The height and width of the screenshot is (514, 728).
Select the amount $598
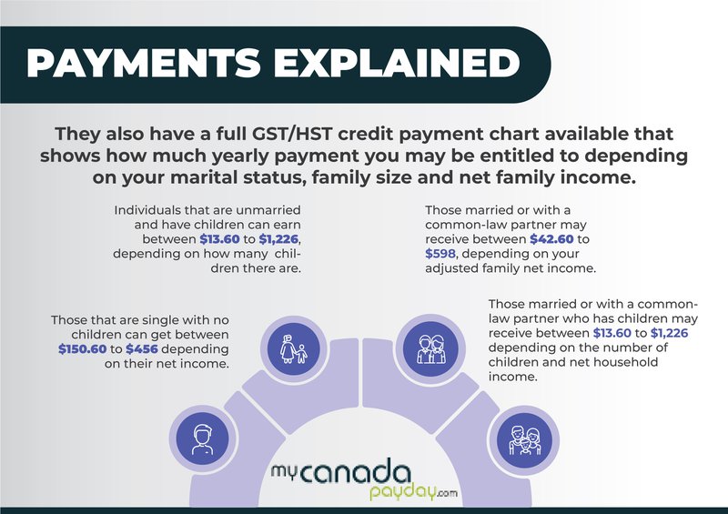pyautogui.click(x=441, y=256)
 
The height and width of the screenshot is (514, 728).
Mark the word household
pyautogui.click(x=637, y=362)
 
